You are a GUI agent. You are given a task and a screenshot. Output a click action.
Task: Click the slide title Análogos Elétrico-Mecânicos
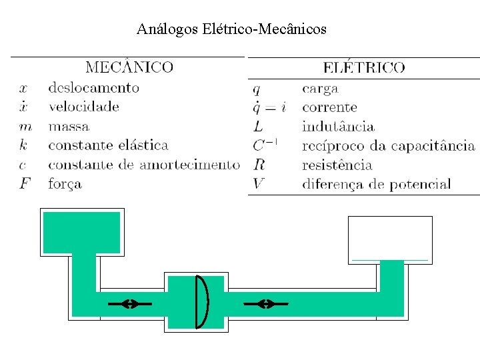tap(231, 29)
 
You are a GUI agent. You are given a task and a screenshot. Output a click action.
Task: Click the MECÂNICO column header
tap(129, 67)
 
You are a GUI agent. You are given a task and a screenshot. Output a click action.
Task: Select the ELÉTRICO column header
tap(363, 67)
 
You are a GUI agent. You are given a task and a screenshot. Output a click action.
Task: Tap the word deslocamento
tap(93, 87)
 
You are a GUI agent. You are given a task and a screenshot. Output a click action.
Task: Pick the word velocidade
tap(83, 107)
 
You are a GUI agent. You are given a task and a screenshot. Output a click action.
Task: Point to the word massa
tap(69, 126)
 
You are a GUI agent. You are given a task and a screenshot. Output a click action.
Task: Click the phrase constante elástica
tap(108, 145)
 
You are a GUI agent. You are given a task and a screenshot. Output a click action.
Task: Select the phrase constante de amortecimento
tap(143, 164)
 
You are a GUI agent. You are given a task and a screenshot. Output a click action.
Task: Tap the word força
tap(65, 183)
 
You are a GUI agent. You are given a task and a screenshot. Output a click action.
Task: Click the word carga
tap(320, 89)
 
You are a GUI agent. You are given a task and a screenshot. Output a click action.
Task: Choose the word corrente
tap(329, 107)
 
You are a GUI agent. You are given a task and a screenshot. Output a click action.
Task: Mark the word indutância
tap(338, 127)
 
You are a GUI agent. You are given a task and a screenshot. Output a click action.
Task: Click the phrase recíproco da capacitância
tap(388, 145)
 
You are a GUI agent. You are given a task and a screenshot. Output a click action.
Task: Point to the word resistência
tap(337, 165)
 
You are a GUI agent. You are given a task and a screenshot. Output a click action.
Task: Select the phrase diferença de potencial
tap(376, 184)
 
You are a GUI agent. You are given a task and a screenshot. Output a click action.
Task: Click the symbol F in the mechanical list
tap(25, 183)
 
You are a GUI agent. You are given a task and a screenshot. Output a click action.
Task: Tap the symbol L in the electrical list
tap(258, 127)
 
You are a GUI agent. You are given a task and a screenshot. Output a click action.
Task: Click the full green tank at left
tap(81, 232)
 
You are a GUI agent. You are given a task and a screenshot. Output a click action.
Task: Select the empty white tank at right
tap(390, 238)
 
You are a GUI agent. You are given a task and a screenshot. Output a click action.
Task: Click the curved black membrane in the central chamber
tap(202, 301)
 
